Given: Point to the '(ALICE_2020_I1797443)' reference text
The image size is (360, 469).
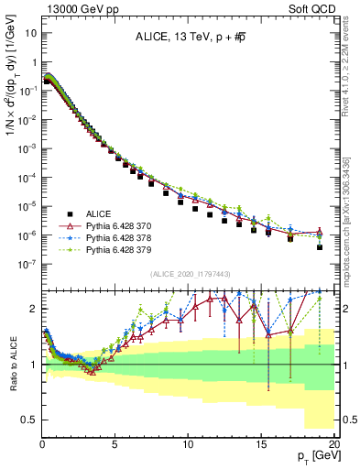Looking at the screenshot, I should click(190, 274).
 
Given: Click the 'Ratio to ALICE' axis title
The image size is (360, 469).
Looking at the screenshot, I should click(11, 365).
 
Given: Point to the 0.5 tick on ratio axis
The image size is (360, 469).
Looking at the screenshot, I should click(30, 420).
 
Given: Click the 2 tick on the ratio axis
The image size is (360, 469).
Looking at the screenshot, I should click(35, 309).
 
